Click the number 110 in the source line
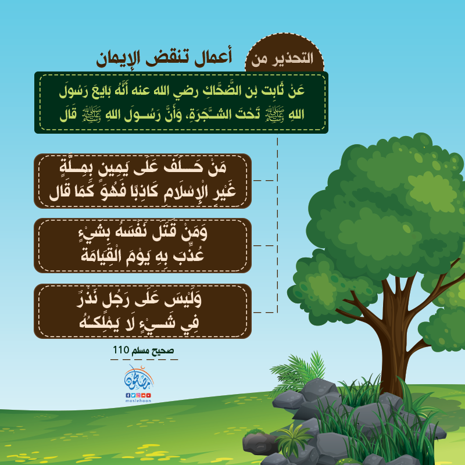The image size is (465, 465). point(121,350)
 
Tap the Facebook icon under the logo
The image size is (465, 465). point(128,395)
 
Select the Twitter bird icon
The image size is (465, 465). point(133,395)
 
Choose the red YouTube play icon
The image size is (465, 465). point(149,395)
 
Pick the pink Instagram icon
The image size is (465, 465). point(138,395)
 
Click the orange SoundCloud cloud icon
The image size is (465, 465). point(144,395)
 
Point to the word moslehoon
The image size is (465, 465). point(138,400)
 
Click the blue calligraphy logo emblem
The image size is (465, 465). point(139,378)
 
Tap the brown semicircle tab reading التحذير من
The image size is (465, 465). point(284,53)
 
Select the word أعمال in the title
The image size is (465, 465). point(213,57)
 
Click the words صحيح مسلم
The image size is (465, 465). point(153,350)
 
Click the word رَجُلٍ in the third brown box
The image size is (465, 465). point(115,300)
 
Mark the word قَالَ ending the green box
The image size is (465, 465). point(68,115)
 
